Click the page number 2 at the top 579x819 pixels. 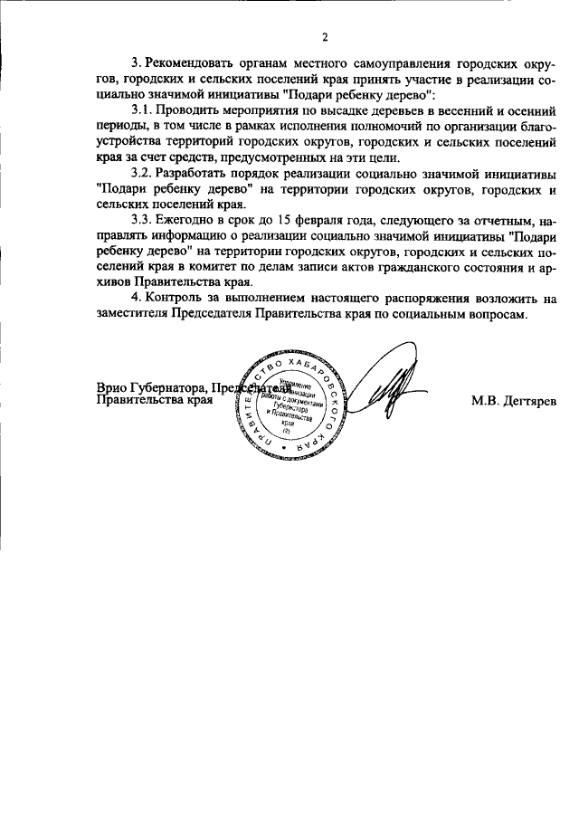324,37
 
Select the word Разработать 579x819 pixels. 193,174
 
